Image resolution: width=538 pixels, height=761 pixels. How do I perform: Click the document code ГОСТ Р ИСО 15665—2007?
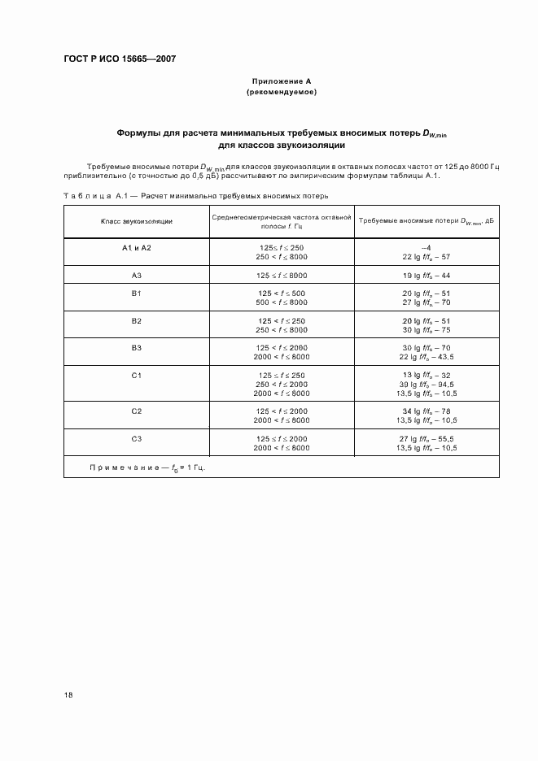120,59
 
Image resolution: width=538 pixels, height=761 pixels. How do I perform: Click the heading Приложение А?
280,81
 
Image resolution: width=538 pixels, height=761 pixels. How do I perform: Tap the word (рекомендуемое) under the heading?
280,92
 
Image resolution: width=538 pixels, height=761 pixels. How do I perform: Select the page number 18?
69,695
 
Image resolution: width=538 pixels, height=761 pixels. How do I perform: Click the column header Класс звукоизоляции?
136,221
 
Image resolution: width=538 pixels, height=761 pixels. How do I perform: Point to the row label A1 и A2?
136,247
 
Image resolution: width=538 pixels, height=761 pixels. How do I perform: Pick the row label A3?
136,275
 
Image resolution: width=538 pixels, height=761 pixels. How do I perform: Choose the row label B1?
136,293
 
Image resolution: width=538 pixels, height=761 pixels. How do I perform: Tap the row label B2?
136,320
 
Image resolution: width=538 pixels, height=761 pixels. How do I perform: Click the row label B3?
136,348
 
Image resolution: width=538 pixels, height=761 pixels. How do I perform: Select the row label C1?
136,375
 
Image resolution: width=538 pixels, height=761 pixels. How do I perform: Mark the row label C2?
136,411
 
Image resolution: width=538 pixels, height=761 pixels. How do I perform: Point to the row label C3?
136,438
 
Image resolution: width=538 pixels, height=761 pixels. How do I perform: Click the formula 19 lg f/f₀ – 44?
426,275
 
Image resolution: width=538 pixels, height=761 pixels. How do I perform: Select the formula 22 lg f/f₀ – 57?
426,256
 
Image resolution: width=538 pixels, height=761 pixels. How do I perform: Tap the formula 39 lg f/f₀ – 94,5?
427,385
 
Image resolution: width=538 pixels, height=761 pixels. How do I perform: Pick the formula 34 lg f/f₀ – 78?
426,411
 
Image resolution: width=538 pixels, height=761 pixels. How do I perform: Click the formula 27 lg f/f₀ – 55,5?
427,438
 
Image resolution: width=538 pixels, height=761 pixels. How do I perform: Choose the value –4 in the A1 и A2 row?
426,246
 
